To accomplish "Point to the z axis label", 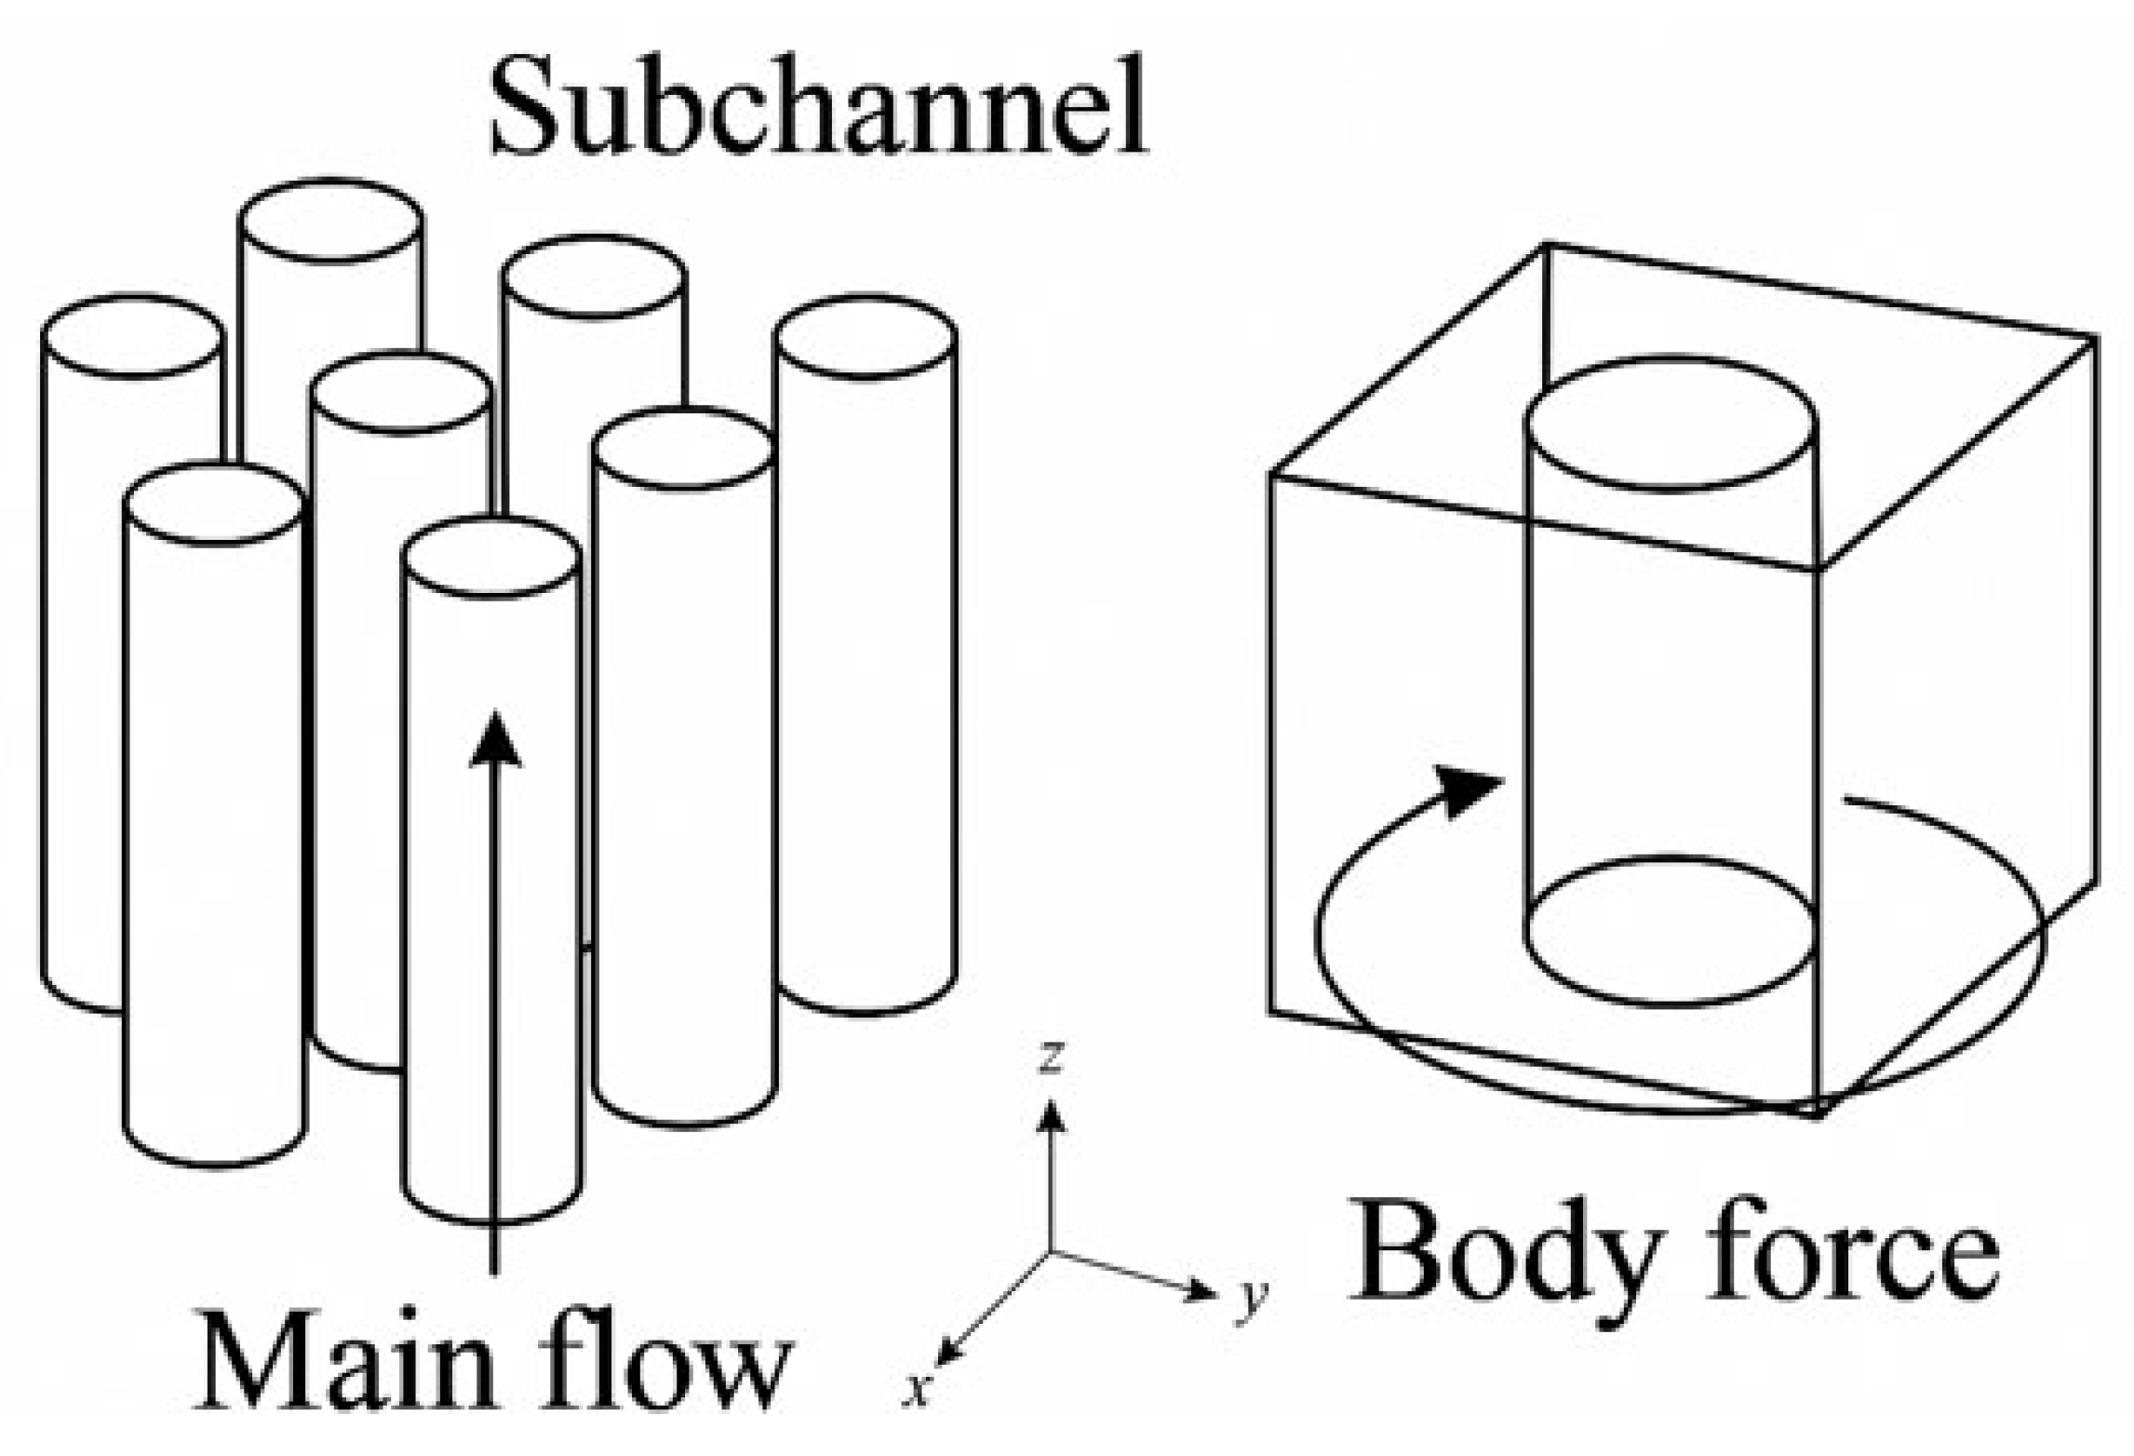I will pyautogui.click(x=1052, y=1057).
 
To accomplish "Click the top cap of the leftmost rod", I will pyautogui.click(x=133, y=337).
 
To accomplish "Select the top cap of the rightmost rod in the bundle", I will pyautogui.click(x=866, y=337).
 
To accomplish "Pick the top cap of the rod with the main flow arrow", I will pyautogui.click(x=491, y=559).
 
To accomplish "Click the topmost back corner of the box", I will pyautogui.click(x=1547, y=244).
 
